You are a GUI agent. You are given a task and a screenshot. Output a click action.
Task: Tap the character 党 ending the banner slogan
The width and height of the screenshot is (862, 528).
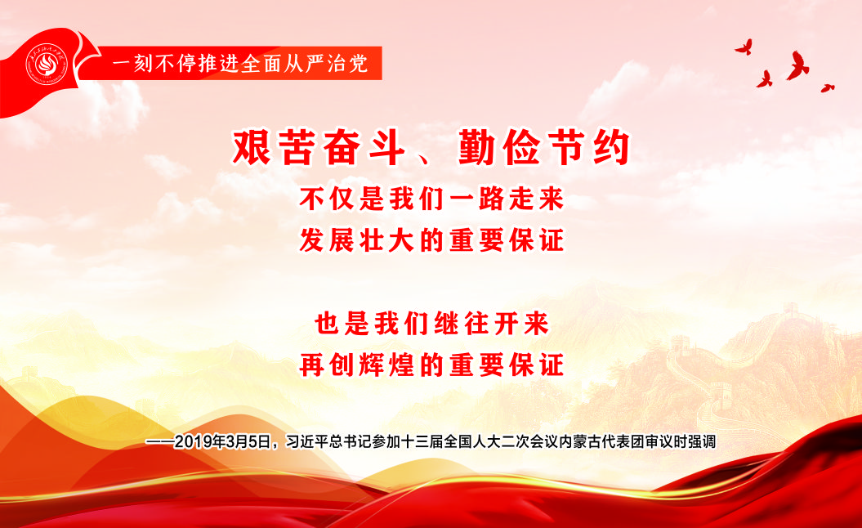click(359, 64)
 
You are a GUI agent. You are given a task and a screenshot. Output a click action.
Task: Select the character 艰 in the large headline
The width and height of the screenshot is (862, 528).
click(252, 147)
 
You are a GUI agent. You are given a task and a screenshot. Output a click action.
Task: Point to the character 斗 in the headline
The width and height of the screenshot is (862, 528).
click(387, 147)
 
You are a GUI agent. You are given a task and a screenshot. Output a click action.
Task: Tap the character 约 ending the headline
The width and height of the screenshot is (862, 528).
click(612, 147)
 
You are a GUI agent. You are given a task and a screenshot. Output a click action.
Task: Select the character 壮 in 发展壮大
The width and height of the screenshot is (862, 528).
click(373, 240)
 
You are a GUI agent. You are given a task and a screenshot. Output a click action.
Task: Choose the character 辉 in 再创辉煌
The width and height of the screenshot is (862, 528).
click(373, 365)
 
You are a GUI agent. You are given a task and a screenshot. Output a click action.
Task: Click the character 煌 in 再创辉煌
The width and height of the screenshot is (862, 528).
click(403, 365)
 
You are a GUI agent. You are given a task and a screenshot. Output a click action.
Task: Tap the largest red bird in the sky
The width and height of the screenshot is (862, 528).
click(797, 65)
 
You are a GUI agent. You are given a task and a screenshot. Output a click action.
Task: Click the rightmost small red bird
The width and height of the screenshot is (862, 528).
click(828, 87)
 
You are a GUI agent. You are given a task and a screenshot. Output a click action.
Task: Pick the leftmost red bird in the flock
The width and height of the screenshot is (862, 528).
click(744, 47)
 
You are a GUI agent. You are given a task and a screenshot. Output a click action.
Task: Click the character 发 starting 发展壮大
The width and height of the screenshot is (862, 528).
click(313, 240)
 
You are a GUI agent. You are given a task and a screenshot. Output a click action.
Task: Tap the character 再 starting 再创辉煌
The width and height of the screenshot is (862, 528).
click(313, 365)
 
